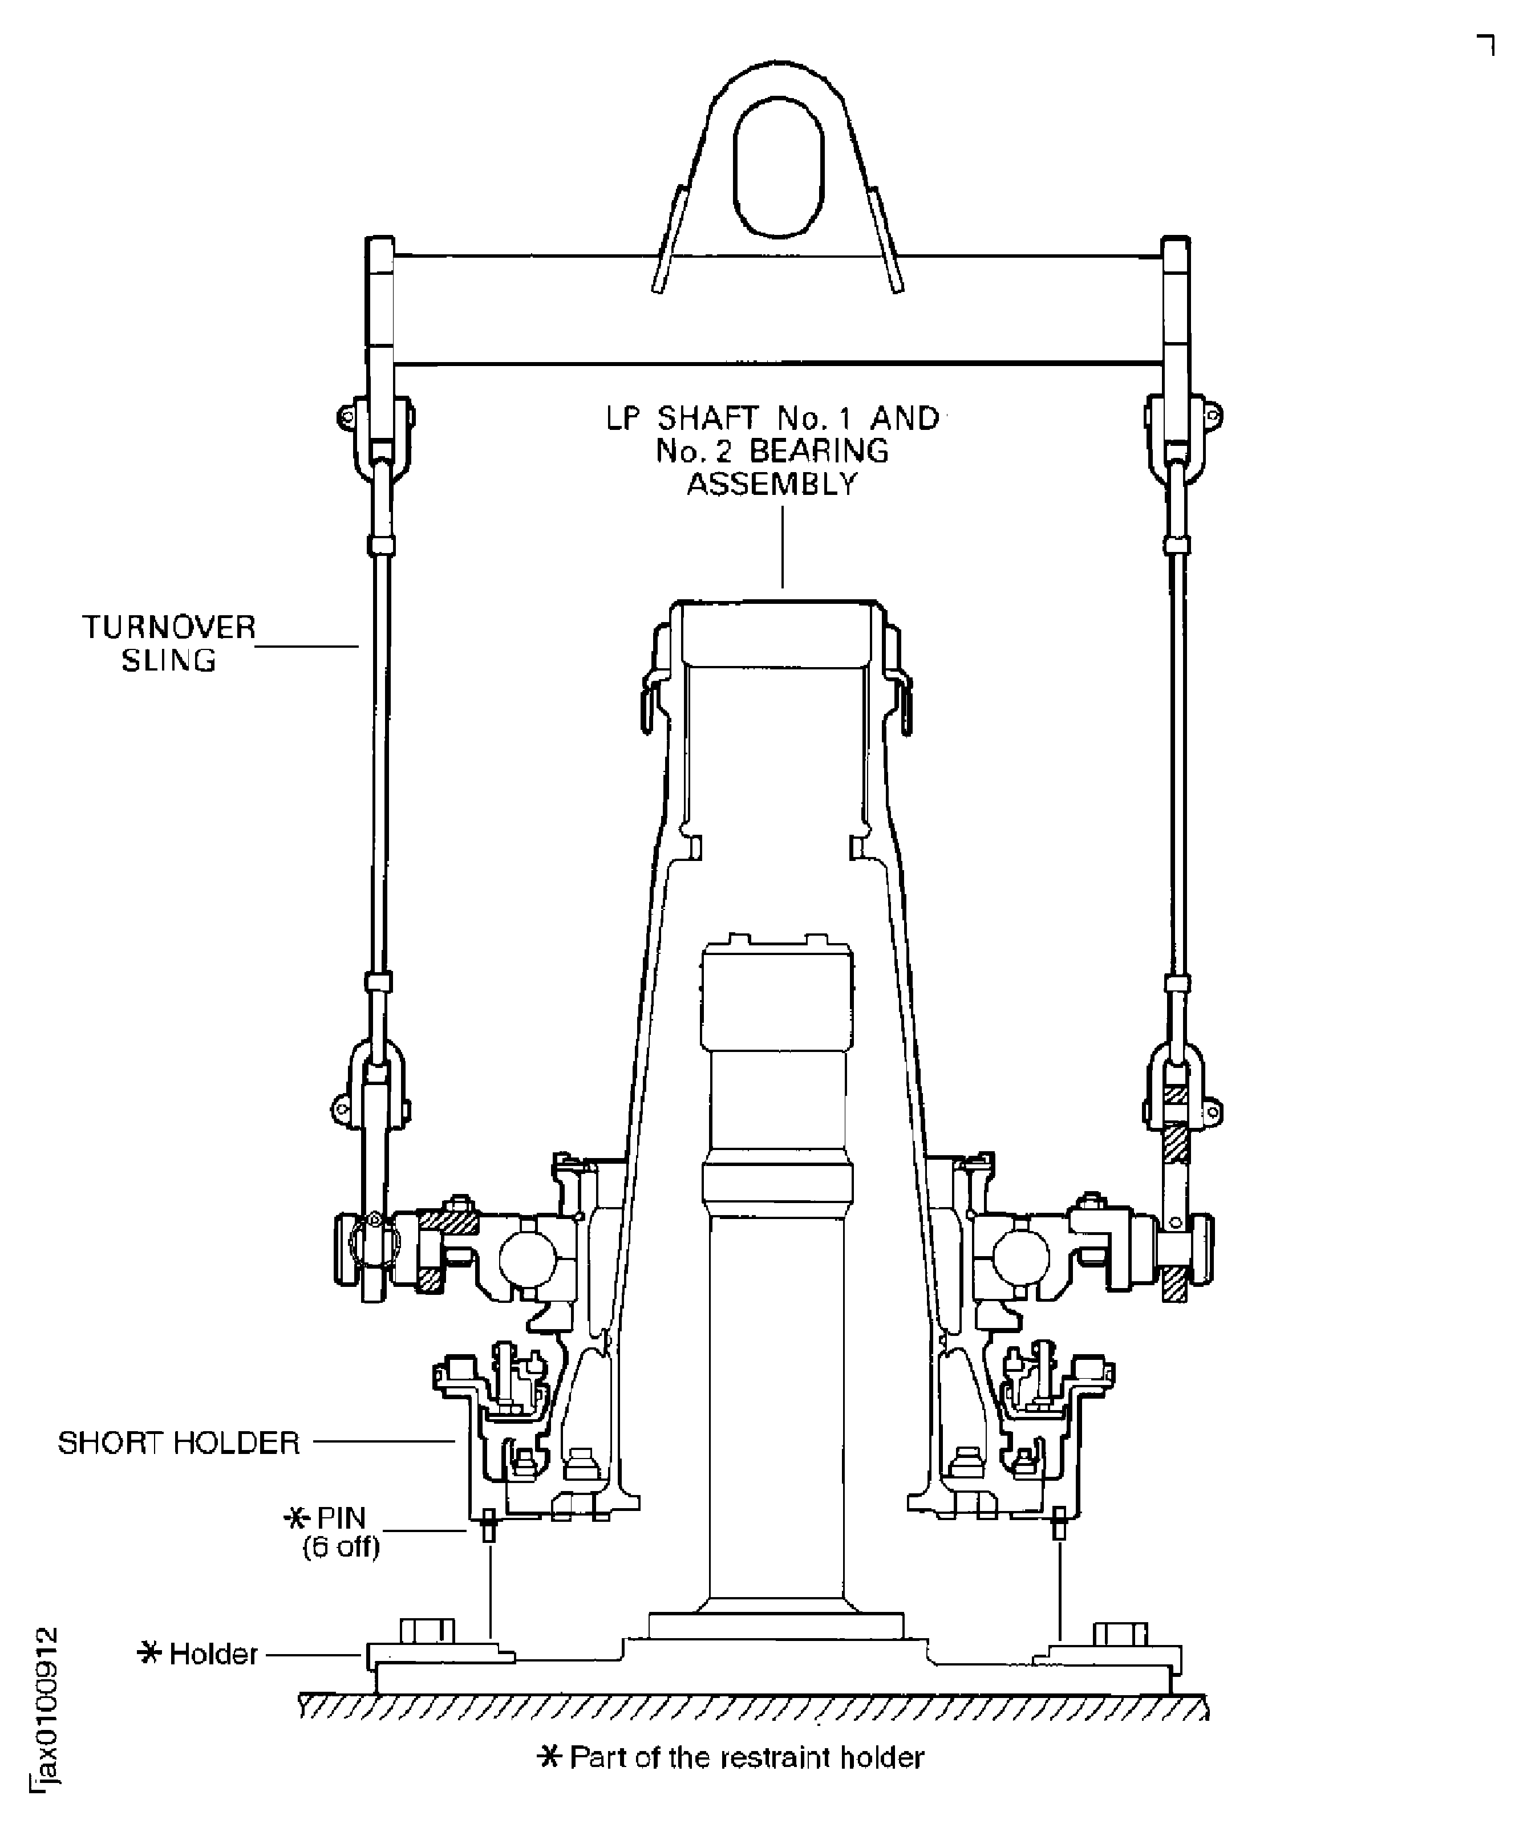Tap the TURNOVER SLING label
[x=168, y=643]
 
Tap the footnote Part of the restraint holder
[x=731, y=1756]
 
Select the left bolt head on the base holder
[x=427, y=1630]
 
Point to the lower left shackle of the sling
[x=375, y=1082]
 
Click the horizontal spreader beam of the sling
[x=776, y=310]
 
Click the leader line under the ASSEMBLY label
[x=783, y=545]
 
